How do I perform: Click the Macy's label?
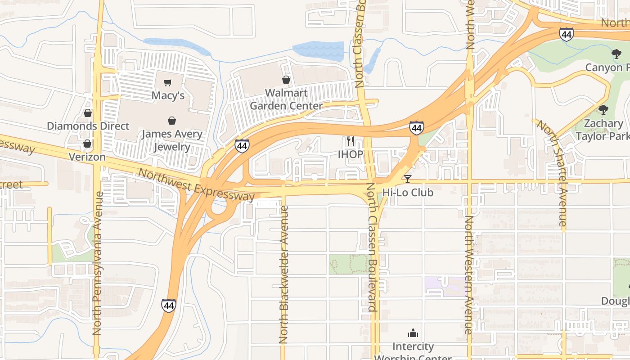coord(168,95)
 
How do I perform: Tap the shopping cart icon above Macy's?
coord(168,82)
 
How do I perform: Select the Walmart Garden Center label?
coord(286,99)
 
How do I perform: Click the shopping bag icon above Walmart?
coord(286,80)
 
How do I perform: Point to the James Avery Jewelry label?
coord(171,140)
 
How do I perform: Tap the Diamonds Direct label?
coord(88,126)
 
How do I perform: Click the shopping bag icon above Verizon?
coord(87,144)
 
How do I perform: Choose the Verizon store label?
coord(87,157)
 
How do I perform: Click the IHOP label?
coord(351,154)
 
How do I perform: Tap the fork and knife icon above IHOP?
coord(351,141)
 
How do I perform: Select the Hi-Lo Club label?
coord(408,192)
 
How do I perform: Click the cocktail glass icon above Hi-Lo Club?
coord(408,179)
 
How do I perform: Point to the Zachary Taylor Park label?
coord(603,130)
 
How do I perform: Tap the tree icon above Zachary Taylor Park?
coord(603,110)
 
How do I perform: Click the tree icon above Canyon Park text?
coord(616,54)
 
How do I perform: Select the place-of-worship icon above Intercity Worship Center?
coord(413,333)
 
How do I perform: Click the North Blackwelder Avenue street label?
coord(283,274)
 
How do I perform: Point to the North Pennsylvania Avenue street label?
coord(97,263)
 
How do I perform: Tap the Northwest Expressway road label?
coord(196,184)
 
